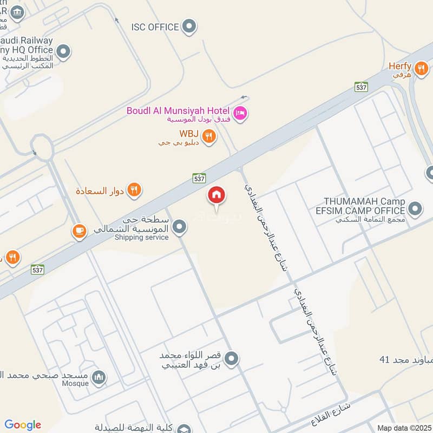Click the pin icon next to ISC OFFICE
pos(189,26)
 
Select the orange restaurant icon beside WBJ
pos(209,136)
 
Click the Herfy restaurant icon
pos(421,68)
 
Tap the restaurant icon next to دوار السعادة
pos(135,190)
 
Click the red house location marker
pos(216,196)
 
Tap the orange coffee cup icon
pos(79,232)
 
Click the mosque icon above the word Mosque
pos(99,378)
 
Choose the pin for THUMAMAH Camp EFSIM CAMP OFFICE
pos(415,209)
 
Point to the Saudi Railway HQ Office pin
pos(63,52)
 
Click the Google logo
pos(23,425)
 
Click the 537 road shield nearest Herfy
pos(362,87)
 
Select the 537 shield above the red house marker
pos(199,178)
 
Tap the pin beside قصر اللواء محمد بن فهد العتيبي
pos(232,358)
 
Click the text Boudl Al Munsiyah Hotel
pos(178,110)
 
